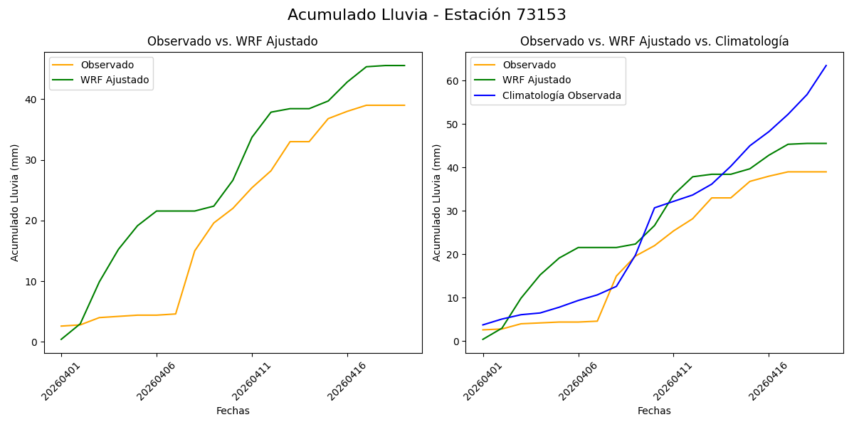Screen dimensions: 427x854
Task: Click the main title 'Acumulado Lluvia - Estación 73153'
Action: tap(427, 15)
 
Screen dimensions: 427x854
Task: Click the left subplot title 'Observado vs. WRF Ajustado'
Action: tap(232, 41)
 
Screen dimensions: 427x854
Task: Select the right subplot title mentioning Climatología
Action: tap(654, 41)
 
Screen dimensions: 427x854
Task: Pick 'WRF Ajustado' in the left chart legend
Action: tap(115, 80)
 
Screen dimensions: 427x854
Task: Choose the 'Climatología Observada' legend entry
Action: tap(562, 95)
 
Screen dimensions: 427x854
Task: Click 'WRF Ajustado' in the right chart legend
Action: tap(537, 80)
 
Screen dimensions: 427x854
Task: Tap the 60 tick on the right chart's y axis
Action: tap(453, 81)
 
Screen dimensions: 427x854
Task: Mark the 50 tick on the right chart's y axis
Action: tap(453, 125)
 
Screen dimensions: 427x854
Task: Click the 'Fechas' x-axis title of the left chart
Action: tap(233, 411)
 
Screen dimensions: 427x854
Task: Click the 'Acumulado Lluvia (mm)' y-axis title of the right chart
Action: tap(437, 202)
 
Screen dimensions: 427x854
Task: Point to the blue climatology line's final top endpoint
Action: tap(826, 65)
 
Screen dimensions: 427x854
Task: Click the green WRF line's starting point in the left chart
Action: tap(61, 339)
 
